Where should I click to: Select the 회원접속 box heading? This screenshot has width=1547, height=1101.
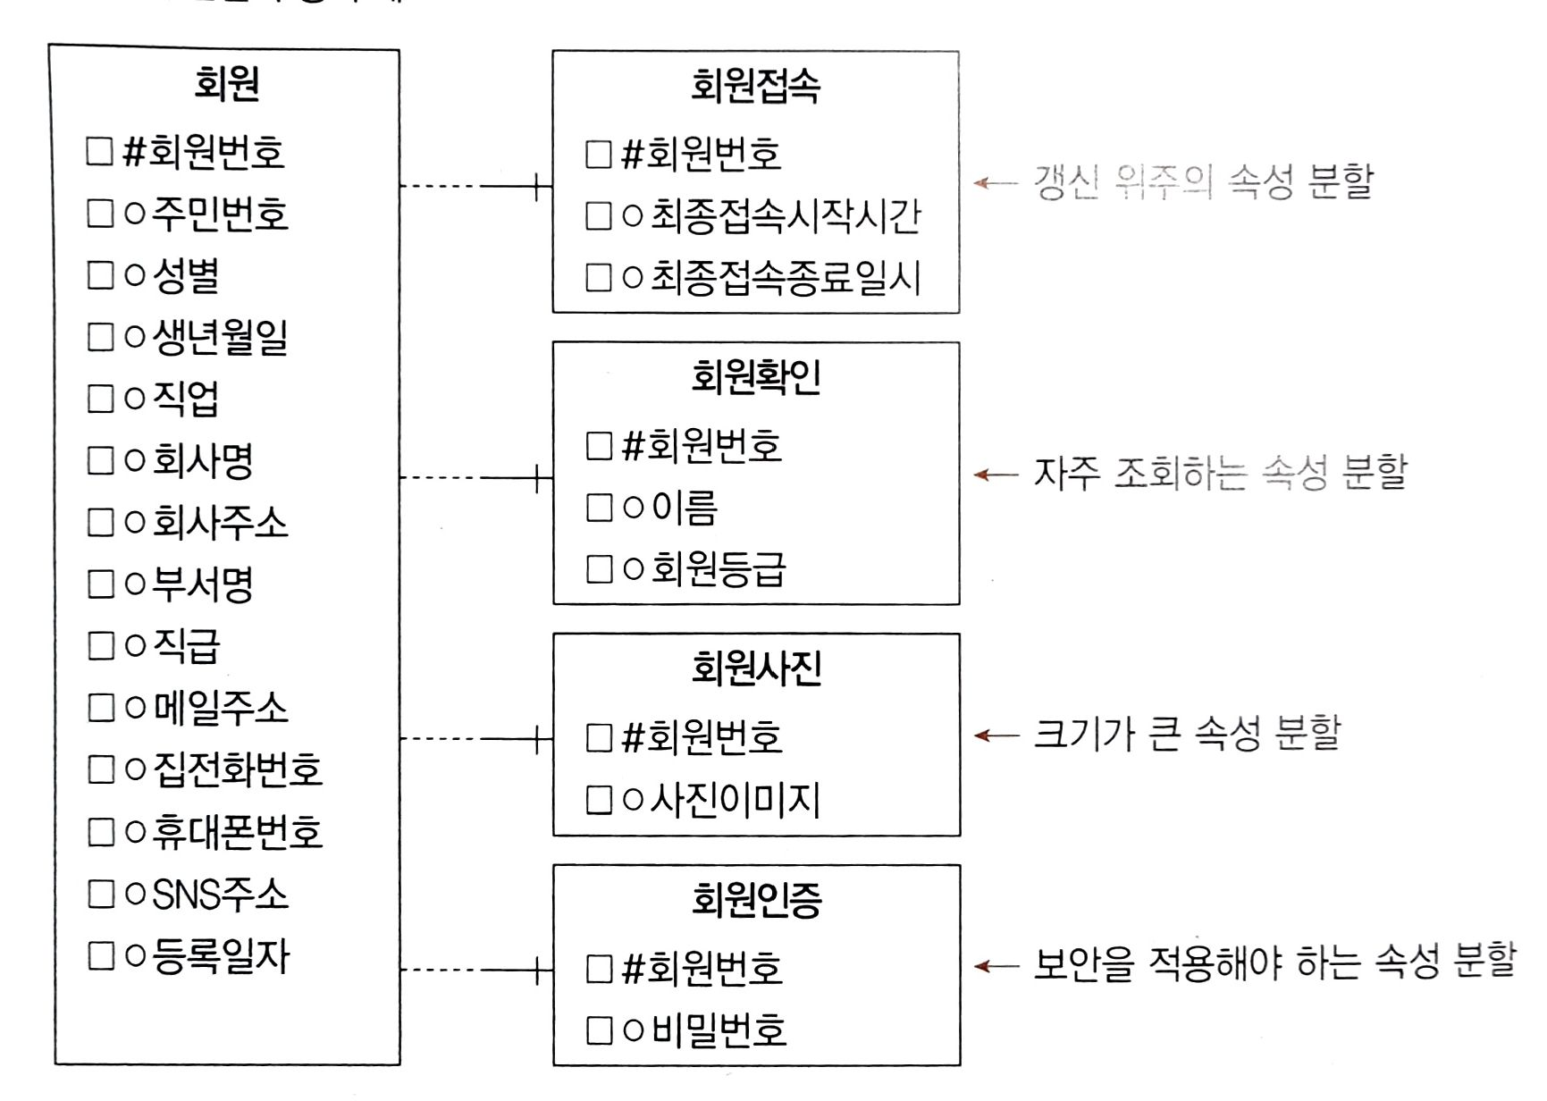point(755,87)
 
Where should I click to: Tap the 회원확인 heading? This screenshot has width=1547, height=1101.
point(755,378)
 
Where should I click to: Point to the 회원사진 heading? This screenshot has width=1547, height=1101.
point(756,668)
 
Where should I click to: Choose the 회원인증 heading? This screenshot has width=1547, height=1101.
point(756,900)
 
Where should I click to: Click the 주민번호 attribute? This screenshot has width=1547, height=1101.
point(220,214)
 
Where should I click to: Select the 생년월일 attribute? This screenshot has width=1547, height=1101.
point(220,337)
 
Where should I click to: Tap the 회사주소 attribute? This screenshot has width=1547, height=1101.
point(220,523)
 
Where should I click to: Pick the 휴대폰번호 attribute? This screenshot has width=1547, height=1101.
point(237,832)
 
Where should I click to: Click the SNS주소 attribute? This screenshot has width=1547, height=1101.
point(220,894)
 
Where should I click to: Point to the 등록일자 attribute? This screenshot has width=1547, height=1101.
point(221,956)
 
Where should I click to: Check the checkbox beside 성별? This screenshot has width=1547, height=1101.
point(100,275)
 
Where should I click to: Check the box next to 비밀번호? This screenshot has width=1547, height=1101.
point(599,1030)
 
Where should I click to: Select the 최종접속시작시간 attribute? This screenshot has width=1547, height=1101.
point(785,216)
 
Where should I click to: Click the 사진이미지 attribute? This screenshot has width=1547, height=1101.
point(735,800)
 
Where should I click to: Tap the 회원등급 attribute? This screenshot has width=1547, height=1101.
point(718,569)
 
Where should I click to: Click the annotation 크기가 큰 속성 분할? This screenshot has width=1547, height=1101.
point(1187,735)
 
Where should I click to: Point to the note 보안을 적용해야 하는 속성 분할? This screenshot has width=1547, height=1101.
point(1274,963)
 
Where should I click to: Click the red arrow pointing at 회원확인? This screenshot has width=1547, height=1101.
point(995,475)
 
